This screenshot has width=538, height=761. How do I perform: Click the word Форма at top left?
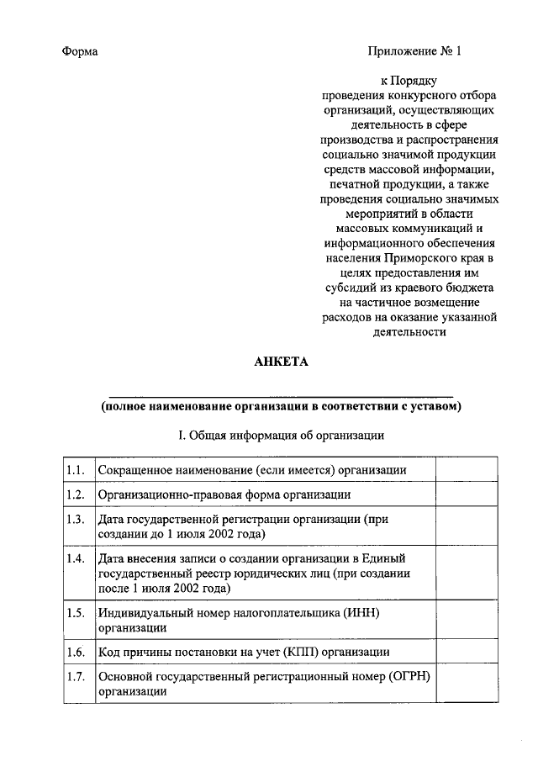click(x=81, y=51)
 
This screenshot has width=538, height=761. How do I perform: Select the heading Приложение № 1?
click(x=414, y=51)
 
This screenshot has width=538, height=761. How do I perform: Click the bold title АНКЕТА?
click(x=281, y=362)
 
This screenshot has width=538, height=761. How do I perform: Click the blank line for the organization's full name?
click(x=281, y=393)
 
